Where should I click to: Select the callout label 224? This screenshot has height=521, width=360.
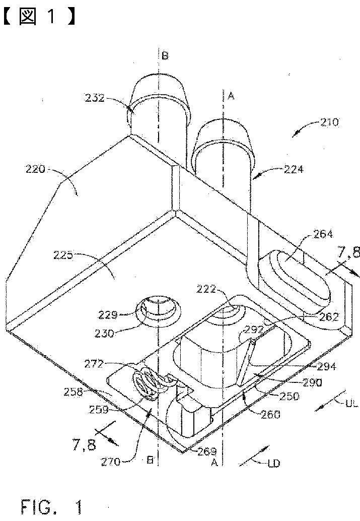click(x=293, y=170)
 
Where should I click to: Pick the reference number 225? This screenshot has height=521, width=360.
click(x=63, y=255)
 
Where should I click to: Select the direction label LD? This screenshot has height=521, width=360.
click(x=274, y=463)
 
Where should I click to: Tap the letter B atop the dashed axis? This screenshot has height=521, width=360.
click(x=165, y=55)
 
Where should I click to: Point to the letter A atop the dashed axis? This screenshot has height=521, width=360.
click(x=231, y=96)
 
